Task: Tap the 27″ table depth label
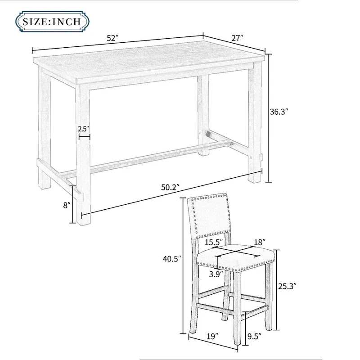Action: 237,38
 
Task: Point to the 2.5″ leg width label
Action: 83,129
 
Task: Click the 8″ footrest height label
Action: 67,205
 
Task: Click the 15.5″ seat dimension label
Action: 213,243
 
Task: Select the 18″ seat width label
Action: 260,243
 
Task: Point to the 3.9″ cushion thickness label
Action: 216,274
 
